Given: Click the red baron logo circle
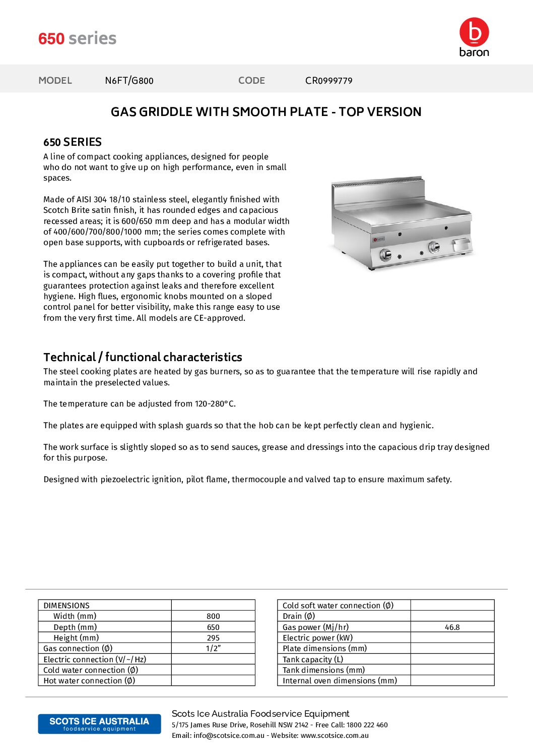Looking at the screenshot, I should (474, 32).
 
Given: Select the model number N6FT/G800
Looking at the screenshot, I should (129, 81).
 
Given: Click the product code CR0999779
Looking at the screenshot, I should (328, 81).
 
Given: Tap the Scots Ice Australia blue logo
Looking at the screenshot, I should (99, 724).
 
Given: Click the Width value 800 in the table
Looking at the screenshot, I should (213, 616).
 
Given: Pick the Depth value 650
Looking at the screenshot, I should (213, 627).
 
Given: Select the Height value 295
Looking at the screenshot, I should (213, 638).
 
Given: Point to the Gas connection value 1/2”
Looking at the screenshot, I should (213, 649).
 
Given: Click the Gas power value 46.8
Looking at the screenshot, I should (452, 627).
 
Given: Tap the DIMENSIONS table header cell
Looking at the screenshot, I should (66, 605).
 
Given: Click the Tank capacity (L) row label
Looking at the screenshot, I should (313, 660).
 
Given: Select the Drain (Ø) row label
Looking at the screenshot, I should (299, 616).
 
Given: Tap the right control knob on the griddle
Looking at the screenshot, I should (433, 247).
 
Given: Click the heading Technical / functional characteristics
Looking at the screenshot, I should (143, 357).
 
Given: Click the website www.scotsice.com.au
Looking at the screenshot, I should (335, 735).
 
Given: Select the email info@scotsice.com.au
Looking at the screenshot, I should (229, 735).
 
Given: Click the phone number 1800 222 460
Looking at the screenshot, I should (367, 725).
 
